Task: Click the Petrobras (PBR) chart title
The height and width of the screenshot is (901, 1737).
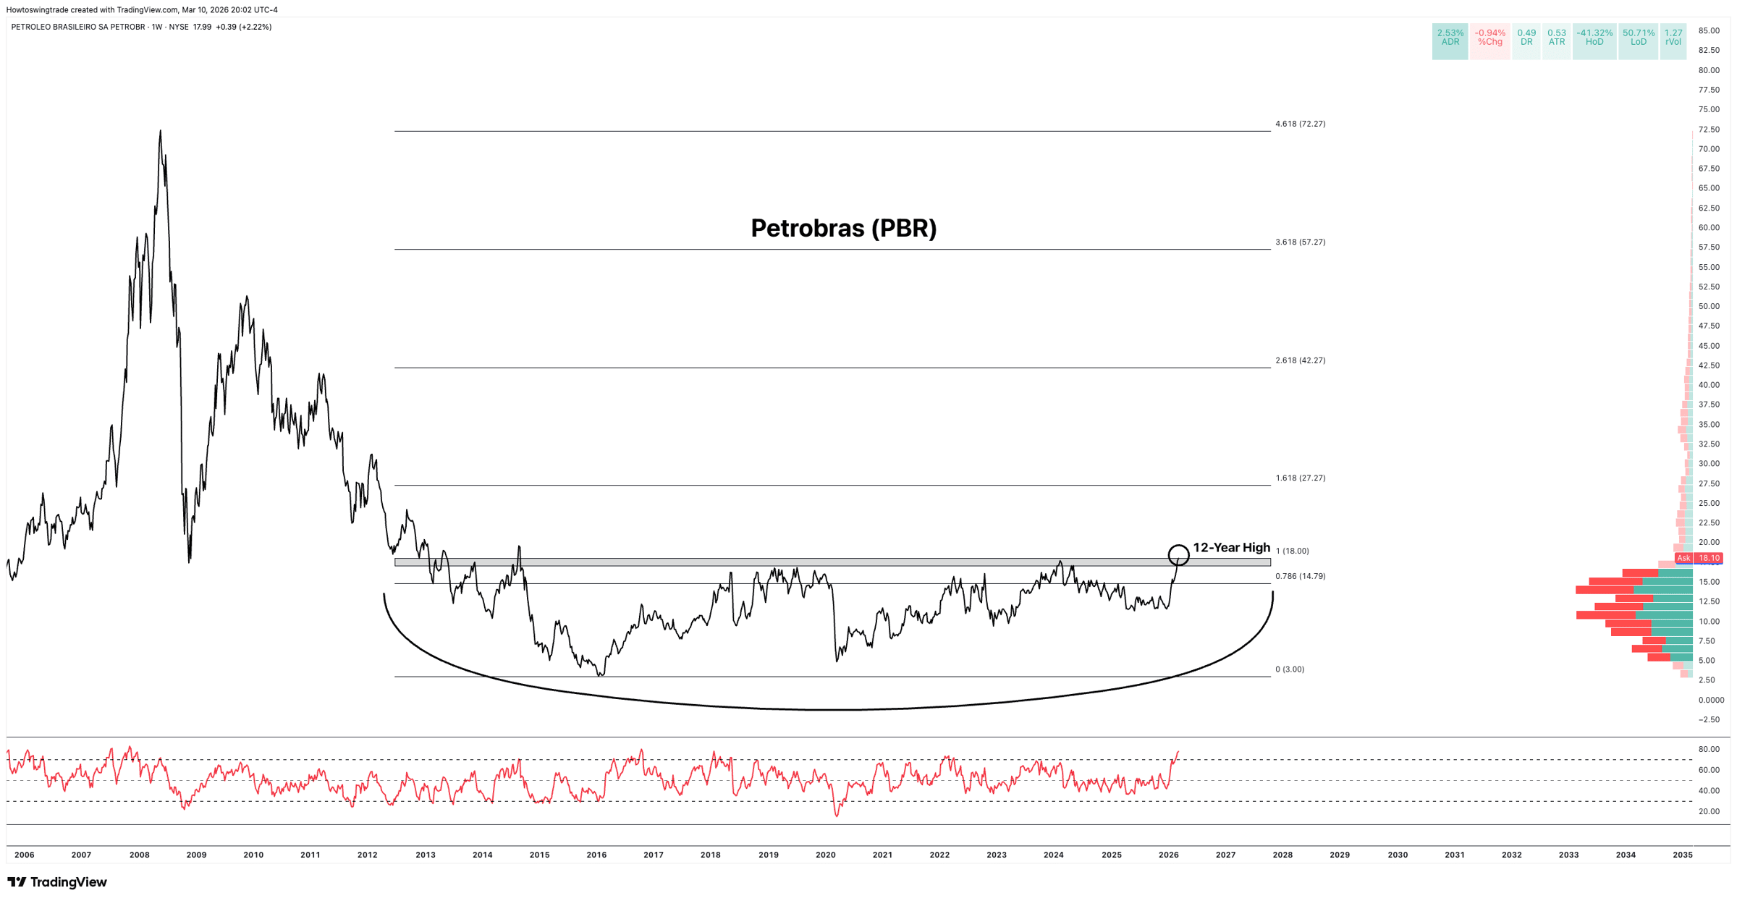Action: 843,229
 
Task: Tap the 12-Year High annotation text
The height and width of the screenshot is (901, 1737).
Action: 1231,548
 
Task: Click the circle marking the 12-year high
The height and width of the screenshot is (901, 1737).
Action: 1178,555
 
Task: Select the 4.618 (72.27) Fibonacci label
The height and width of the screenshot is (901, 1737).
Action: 1300,124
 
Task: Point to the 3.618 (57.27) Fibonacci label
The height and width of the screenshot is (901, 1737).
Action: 1300,242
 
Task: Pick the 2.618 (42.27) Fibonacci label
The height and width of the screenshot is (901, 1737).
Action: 1300,360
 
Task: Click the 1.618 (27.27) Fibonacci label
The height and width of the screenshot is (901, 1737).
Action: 1300,478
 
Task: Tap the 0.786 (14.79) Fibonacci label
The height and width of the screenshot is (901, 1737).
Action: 1300,577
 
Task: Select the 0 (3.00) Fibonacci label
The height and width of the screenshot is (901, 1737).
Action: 1290,669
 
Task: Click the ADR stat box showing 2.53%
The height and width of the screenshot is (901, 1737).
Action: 1450,38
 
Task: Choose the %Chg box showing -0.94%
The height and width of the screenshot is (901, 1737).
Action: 1489,38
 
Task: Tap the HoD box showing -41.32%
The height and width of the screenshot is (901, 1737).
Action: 1594,38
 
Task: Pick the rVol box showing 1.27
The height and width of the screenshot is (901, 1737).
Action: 1673,38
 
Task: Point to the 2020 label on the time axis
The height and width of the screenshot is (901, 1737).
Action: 825,855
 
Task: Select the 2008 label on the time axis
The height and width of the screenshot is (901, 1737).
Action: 140,855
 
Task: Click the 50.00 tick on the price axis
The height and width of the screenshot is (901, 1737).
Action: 1709,307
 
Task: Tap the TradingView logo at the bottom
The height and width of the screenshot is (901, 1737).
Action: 57,882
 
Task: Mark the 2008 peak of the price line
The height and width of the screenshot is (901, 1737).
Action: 160,132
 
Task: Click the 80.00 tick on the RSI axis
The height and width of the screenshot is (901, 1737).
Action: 1709,750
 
